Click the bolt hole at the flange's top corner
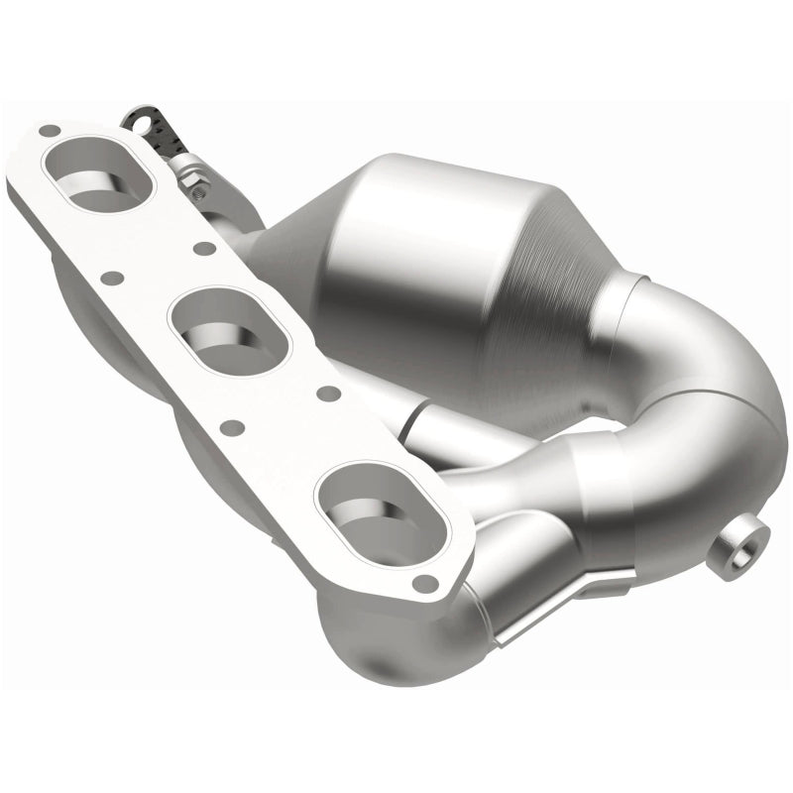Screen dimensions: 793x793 click(47, 130)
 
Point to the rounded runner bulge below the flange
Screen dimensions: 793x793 click(377, 634)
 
